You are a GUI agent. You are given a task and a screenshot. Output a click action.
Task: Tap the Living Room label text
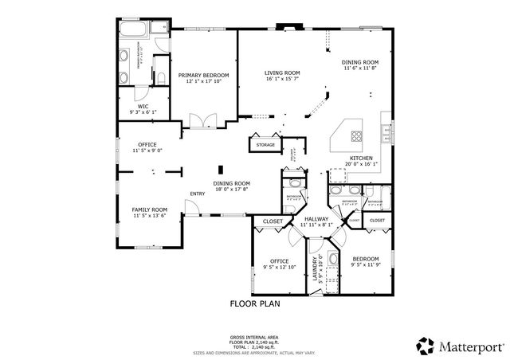point(282,72)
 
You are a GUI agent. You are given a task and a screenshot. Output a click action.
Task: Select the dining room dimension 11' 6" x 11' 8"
point(359,68)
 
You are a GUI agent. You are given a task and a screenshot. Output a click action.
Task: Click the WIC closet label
point(143,106)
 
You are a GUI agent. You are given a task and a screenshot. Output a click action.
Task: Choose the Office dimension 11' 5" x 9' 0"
point(147,150)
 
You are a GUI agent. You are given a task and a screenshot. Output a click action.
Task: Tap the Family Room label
point(149,209)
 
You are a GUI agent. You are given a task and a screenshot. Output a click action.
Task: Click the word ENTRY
point(198,194)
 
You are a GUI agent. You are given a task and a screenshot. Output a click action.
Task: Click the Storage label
point(265,144)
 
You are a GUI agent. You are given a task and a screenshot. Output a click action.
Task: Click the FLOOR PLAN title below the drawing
point(255,303)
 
